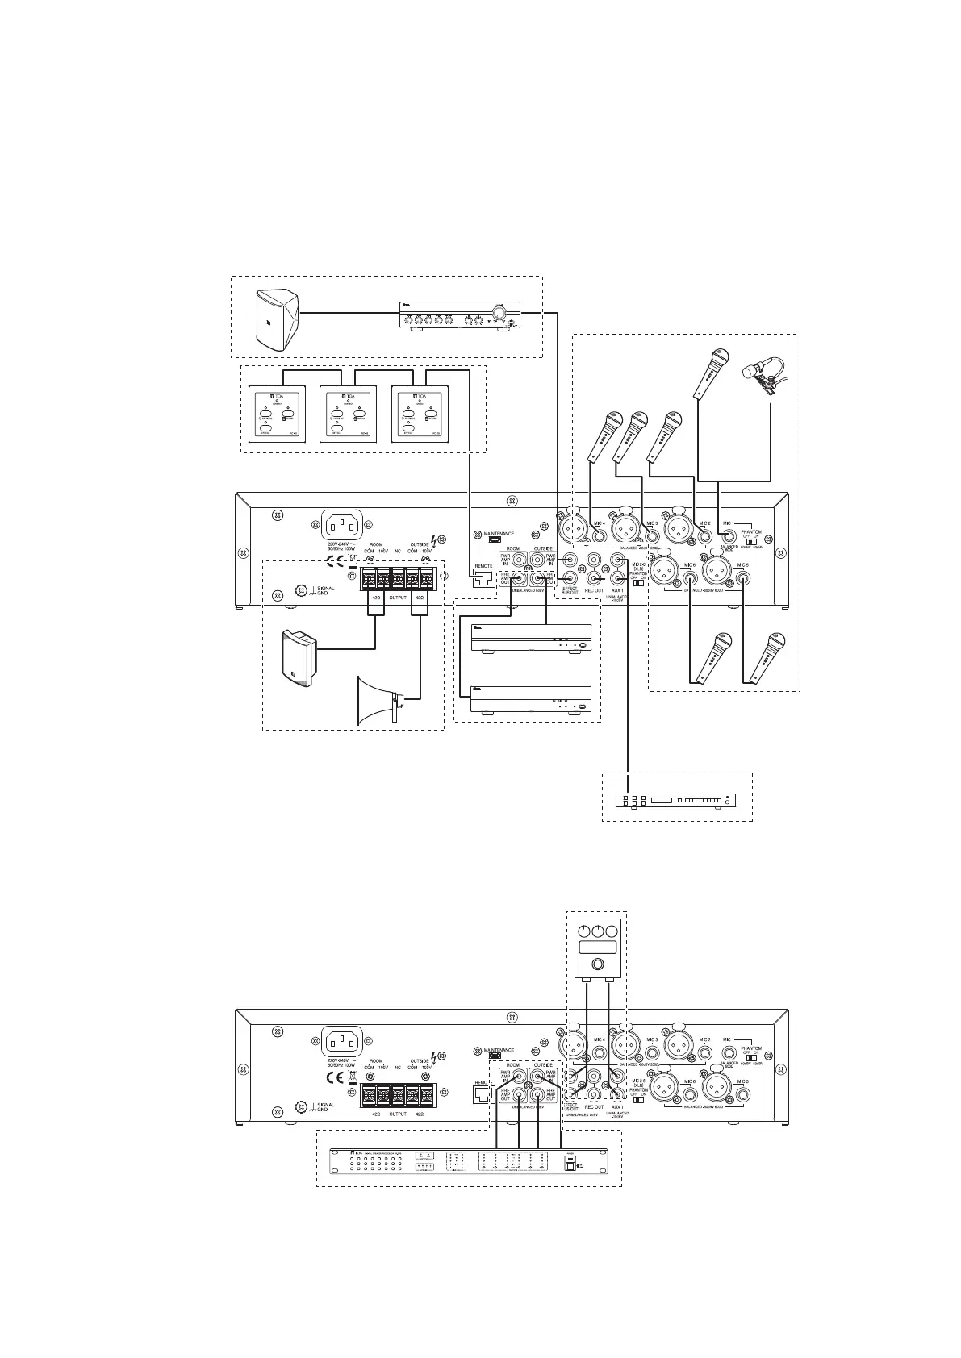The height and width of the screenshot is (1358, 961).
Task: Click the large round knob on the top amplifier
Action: (x=500, y=314)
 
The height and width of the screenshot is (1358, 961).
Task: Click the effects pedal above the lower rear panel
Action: (x=596, y=948)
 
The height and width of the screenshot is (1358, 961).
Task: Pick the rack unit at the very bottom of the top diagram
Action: (x=676, y=801)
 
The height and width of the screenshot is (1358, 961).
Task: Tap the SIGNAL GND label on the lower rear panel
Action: (x=324, y=1107)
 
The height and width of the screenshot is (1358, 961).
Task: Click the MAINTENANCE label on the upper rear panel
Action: (x=498, y=533)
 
